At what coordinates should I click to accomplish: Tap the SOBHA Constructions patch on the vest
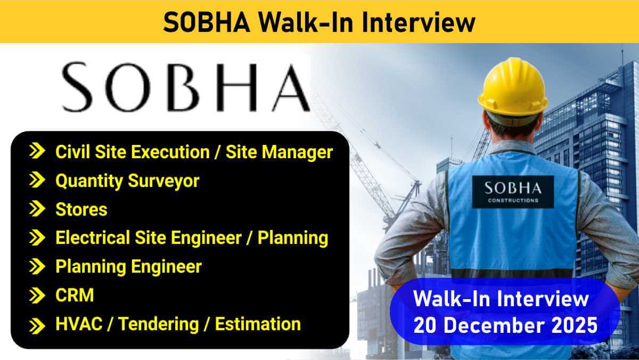click(513, 192)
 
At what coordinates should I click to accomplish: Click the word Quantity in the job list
click(89, 182)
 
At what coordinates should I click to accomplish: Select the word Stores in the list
click(81, 209)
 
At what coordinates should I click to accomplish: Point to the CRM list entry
click(75, 295)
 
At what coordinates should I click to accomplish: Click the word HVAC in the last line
click(79, 324)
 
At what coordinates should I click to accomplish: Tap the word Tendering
click(159, 325)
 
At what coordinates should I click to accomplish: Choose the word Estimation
click(258, 324)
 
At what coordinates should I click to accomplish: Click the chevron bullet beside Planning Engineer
click(37, 266)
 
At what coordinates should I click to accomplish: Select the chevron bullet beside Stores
click(37, 209)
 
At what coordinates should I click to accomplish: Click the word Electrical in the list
click(93, 238)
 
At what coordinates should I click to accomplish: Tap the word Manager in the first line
click(297, 153)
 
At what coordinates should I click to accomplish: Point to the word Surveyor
click(163, 182)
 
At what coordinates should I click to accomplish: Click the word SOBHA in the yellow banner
click(207, 22)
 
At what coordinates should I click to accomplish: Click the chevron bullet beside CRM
click(37, 296)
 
